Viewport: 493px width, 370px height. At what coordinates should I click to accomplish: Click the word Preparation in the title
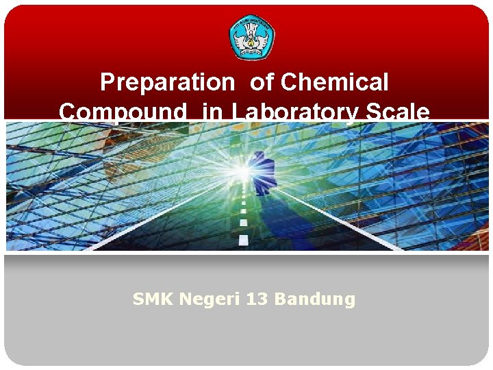[x=167, y=83]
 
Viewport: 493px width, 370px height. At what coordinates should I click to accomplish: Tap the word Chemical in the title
[x=335, y=83]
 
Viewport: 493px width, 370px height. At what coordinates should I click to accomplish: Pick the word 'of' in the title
[x=261, y=83]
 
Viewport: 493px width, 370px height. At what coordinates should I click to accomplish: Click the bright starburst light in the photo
[x=241, y=170]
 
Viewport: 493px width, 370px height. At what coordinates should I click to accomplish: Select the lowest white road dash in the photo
[x=243, y=240]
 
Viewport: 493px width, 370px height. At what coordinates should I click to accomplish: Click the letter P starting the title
[x=108, y=83]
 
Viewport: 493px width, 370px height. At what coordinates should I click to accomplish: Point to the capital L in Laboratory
[x=240, y=112]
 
